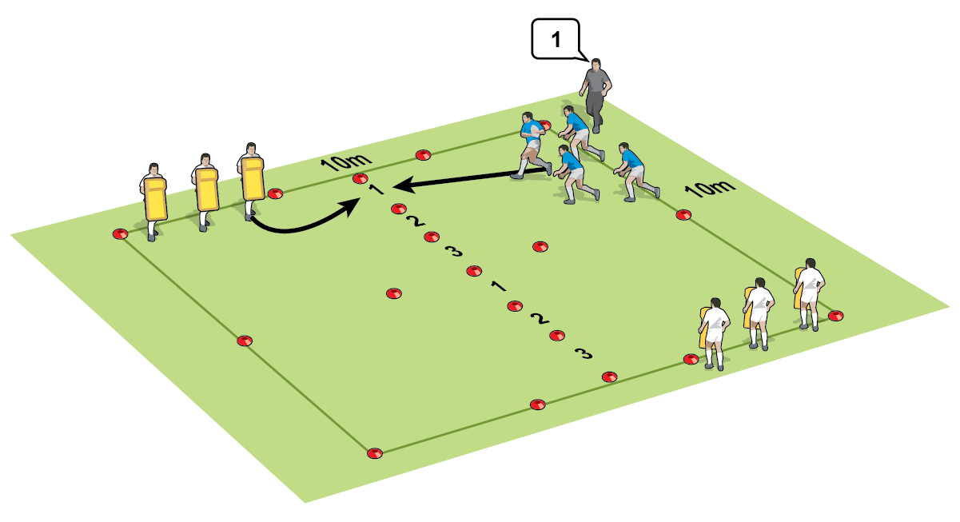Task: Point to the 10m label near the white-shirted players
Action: pos(711,190)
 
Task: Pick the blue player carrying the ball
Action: pos(532,144)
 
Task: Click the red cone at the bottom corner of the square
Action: pos(374,453)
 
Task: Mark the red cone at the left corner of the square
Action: pos(120,234)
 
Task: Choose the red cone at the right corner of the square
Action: pos(835,316)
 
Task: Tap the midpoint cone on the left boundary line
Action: pos(245,341)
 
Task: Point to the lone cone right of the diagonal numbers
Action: pos(540,246)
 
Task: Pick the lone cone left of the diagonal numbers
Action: pos(392,294)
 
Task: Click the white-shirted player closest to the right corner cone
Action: pos(810,293)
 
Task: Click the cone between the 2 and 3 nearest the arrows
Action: pos(432,237)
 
